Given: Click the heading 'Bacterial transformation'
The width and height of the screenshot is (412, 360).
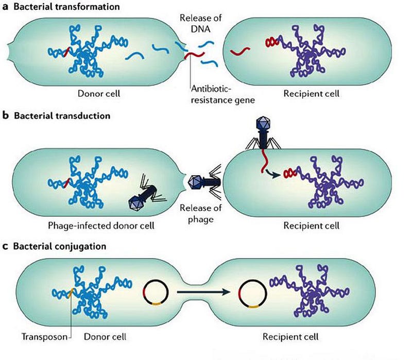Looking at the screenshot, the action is [x=66, y=6].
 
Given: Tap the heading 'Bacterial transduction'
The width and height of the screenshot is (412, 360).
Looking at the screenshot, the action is [x=62, y=115].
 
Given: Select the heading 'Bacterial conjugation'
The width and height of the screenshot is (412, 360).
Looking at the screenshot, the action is [x=60, y=246].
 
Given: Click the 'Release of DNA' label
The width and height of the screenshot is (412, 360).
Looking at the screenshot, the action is [x=201, y=23].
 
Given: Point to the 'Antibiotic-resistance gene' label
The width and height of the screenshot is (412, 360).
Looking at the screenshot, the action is [x=223, y=95].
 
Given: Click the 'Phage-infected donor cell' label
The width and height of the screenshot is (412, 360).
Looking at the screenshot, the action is [x=101, y=226].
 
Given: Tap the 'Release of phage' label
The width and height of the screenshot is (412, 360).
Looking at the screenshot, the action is [x=200, y=213].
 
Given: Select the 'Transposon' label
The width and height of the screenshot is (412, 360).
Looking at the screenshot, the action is [x=44, y=337].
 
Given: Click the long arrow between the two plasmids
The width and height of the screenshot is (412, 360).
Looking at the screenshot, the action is [x=203, y=292].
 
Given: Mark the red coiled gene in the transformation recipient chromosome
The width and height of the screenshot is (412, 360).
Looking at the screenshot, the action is [x=272, y=42].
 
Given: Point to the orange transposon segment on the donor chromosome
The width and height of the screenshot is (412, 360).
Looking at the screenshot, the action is [x=71, y=293].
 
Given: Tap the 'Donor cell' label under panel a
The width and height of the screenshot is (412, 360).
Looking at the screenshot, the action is [x=99, y=94].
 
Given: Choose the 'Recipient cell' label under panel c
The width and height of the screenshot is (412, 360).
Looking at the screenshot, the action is [x=290, y=337].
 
